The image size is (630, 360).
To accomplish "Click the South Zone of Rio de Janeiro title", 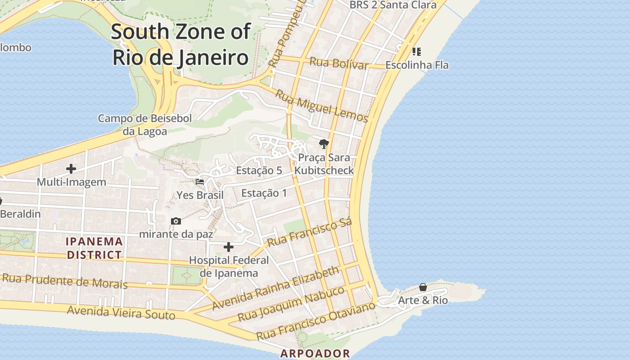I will (x=180, y=45).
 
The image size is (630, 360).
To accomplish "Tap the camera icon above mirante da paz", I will (x=176, y=221).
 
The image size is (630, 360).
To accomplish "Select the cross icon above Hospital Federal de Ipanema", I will (x=229, y=247).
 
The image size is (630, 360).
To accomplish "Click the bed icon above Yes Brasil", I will (x=200, y=182).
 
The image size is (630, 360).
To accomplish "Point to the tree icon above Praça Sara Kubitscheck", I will (x=324, y=144).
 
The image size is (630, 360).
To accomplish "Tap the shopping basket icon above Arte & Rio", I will (x=423, y=287).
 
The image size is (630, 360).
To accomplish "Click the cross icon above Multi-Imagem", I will (x=71, y=169).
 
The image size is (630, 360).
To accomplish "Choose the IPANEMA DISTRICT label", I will (x=94, y=248).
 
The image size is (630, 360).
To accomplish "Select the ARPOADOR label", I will (x=315, y=353).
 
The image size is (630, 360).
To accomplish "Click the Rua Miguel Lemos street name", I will (x=321, y=106).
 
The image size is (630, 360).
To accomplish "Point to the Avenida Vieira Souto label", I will (x=121, y=312).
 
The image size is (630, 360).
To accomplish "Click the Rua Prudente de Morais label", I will (x=65, y=281).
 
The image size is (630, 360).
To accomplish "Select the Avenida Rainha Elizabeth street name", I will (x=275, y=288).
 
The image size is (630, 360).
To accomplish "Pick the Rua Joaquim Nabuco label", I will (x=291, y=303).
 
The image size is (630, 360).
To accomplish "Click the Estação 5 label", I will (x=259, y=171).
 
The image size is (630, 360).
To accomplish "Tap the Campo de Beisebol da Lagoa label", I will (x=145, y=125).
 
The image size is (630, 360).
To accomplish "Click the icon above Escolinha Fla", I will (x=417, y=52).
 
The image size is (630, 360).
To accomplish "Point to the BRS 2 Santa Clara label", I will (x=393, y=5).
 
